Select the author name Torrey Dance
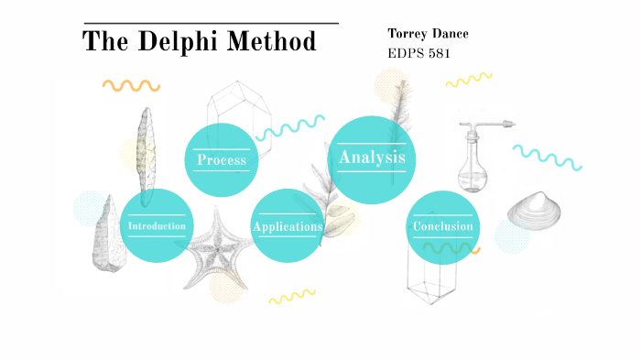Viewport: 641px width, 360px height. (428, 34)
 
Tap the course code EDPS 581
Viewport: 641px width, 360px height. (419, 52)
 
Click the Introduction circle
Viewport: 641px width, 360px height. (157, 225)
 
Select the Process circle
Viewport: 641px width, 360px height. (222, 160)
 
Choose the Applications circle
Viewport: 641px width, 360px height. (288, 226)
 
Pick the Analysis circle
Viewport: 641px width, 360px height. (372, 158)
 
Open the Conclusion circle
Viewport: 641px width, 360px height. (443, 226)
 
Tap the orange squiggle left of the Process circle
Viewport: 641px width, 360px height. (132, 86)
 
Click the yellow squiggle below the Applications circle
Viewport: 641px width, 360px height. (291, 297)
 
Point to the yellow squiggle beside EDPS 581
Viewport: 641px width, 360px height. (469, 81)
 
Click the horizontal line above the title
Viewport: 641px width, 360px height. (211, 23)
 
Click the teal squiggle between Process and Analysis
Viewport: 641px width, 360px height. (290, 127)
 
